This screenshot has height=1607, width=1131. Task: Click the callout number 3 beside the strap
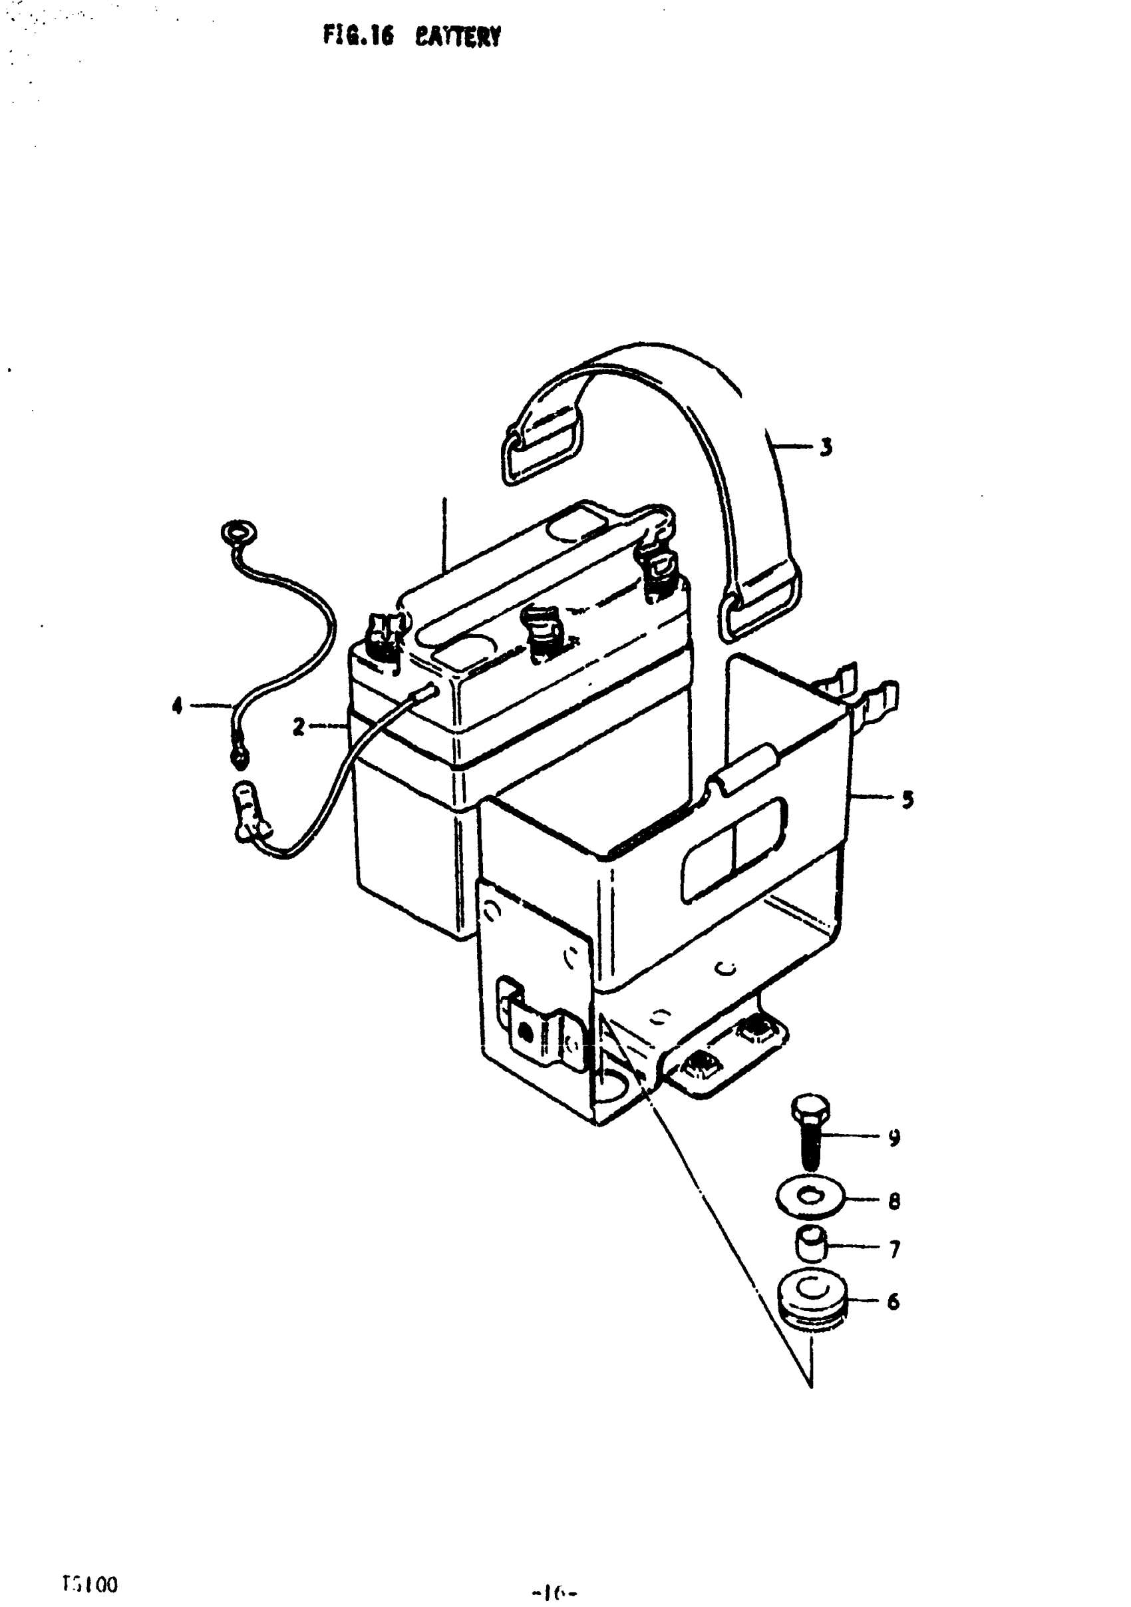[826, 447]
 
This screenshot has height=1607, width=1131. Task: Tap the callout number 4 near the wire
[177, 705]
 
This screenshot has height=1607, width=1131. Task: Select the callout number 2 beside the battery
[299, 727]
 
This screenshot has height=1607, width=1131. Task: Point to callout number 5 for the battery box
[907, 799]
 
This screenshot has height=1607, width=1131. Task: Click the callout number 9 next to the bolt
[893, 1137]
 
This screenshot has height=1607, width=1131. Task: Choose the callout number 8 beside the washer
[893, 1201]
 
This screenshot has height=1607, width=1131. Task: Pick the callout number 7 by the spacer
[893, 1250]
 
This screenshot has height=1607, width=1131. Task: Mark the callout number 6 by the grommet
[893, 1302]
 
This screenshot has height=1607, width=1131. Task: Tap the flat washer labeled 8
[810, 1198]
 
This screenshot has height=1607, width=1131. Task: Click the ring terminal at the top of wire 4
[238, 533]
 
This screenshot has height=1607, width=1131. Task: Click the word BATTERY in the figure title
[458, 36]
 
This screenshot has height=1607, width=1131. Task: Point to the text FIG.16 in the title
[358, 35]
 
